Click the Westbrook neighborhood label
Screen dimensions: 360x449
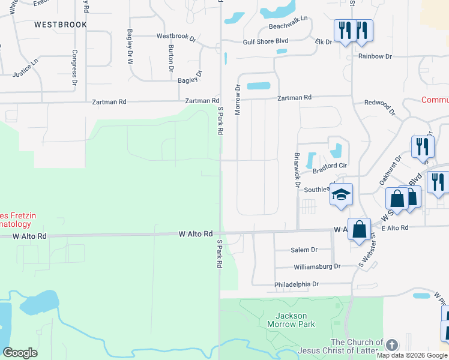[x=61, y=25]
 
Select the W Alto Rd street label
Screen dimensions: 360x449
[x=196, y=233]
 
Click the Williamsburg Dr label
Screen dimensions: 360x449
[x=317, y=266]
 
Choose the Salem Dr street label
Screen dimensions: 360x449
[x=304, y=250]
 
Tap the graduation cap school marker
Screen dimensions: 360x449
[x=341, y=194]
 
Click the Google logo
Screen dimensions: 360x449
[x=20, y=353]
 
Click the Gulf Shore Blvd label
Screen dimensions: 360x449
[x=266, y=41]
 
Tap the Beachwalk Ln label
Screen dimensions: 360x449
[x=288, y=26]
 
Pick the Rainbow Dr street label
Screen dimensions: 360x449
[x=375, y=56]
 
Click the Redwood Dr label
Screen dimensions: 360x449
[x=381, y=107]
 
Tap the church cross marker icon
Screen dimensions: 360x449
[x=391, y=345]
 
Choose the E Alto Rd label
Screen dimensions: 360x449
[x=395, y=228]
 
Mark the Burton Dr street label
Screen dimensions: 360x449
[x=171, y=58]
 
